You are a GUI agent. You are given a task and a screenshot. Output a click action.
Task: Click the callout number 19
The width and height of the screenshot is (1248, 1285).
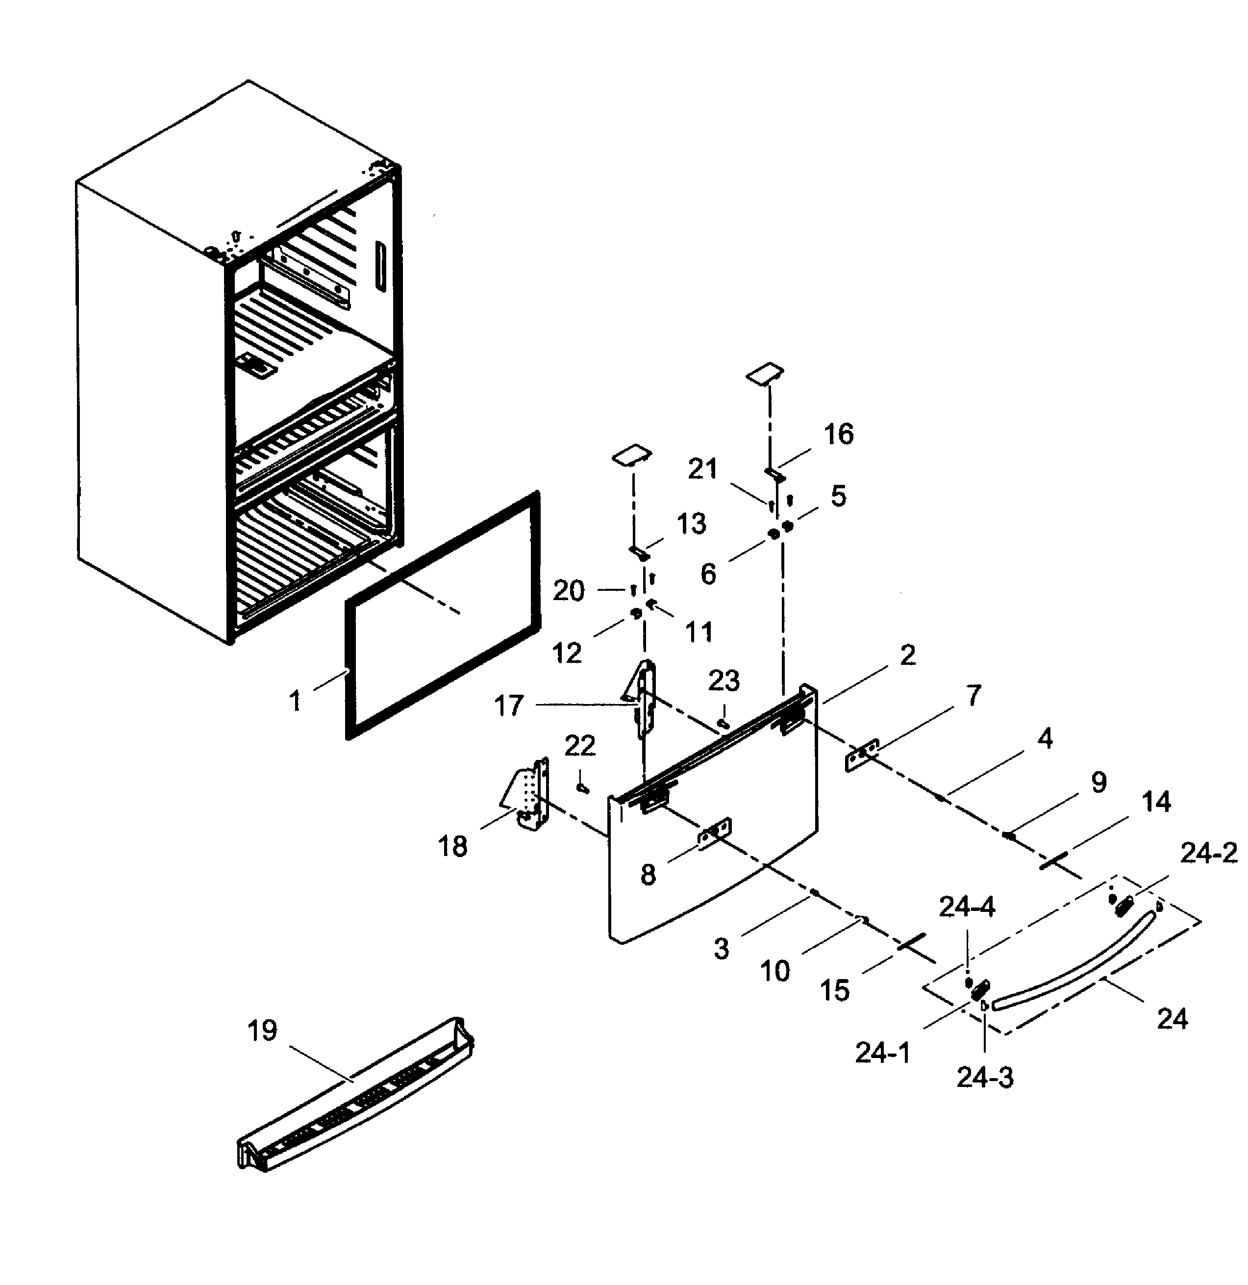point(262,1031)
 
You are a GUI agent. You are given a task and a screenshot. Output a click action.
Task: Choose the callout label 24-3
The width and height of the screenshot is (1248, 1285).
point(984,1077)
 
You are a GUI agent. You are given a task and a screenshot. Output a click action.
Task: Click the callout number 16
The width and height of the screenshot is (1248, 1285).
point(838,434)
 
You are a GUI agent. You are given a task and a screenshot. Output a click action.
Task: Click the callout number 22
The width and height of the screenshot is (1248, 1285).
point(580,745)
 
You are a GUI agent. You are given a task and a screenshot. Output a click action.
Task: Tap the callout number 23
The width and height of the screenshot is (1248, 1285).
point(724,681)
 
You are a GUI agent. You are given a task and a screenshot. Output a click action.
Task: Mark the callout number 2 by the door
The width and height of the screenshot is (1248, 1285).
point(907,655)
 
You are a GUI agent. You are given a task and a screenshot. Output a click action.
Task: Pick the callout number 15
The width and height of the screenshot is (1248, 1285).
point(834,991)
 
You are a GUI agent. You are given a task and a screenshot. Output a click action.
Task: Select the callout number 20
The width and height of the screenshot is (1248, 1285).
point(568,591)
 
